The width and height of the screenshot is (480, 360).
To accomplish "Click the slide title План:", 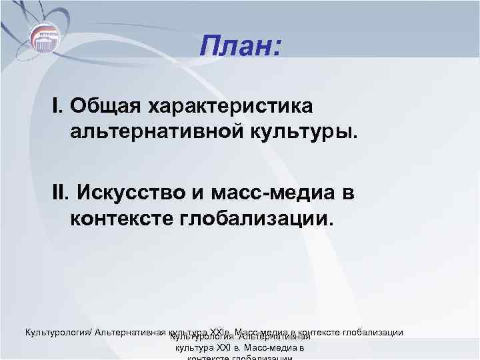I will pyautogui.click(x=241, y=47).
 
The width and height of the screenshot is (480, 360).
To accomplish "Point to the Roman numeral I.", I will pyautogui.click(x=57, y=105).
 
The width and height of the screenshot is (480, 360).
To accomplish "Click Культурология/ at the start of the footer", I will pyautogui.click(x=59, y=332).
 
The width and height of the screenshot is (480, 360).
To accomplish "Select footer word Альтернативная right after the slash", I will pyautogui.click(x=131, y=332).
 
